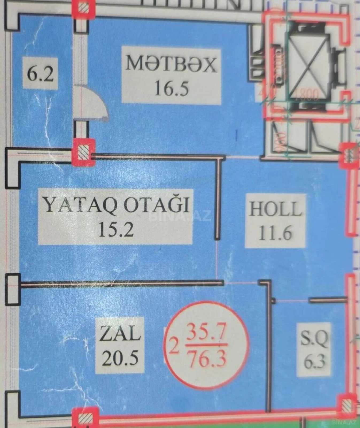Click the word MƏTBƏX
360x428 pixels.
(x=171, y=64)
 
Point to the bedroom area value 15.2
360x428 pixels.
(x=115, y=229)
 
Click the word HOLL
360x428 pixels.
(x=275, y=209)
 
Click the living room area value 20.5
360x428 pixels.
(x=120, y=358)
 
